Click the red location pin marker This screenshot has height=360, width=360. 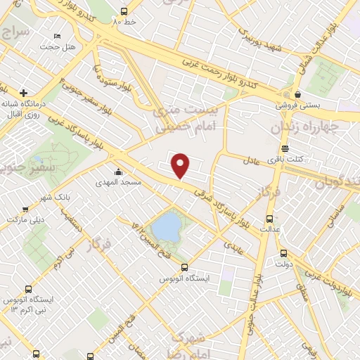[x=181, y=166]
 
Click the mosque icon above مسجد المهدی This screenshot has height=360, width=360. [x=118, y=172]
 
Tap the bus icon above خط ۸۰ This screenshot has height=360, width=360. [x=124, y=12]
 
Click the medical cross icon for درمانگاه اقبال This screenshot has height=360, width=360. [x=24, y=92]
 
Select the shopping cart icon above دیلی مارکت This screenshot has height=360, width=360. [x=25, y=209]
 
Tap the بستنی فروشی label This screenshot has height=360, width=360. [x=297, y=105]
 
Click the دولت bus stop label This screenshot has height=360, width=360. [x=283, y=265]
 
